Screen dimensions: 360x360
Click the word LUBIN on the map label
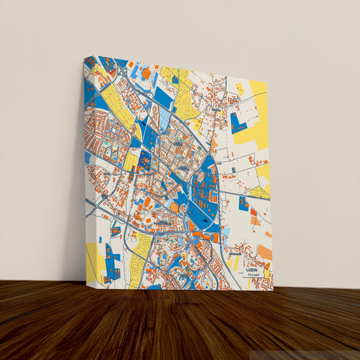pos(253,269)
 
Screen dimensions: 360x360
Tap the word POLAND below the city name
pos(253,275)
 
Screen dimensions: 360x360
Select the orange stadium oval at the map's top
pos(146,73)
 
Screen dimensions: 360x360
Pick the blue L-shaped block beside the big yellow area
pos(238,124)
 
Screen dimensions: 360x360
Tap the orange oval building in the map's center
pos(174,207)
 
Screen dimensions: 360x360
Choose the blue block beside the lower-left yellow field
pos(111,261)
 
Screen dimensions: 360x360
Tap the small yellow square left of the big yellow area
pos(240,88)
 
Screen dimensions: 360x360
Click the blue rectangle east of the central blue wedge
pos(243,203)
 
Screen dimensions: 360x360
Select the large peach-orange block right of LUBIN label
pos(264,253)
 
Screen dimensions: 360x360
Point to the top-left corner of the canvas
pos(83,58)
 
